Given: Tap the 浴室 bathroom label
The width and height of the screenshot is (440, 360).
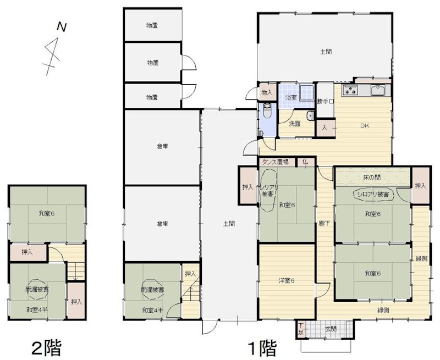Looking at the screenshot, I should coord(290,97).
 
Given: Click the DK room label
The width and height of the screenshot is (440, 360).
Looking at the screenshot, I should coord(365,125).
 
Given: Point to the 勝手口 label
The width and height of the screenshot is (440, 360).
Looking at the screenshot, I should coord(325,101).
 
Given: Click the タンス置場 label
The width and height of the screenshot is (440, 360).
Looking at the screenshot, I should coord(276,162).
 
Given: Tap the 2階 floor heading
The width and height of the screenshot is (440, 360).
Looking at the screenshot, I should coord(46,347).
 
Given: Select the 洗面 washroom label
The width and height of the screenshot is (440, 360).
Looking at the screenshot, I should coord(294,124).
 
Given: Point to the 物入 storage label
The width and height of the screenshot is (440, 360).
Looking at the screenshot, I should coord(267,92).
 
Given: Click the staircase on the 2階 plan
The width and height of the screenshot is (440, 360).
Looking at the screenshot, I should coord(74,272).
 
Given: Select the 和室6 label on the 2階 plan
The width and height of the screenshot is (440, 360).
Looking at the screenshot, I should coord(46,214).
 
